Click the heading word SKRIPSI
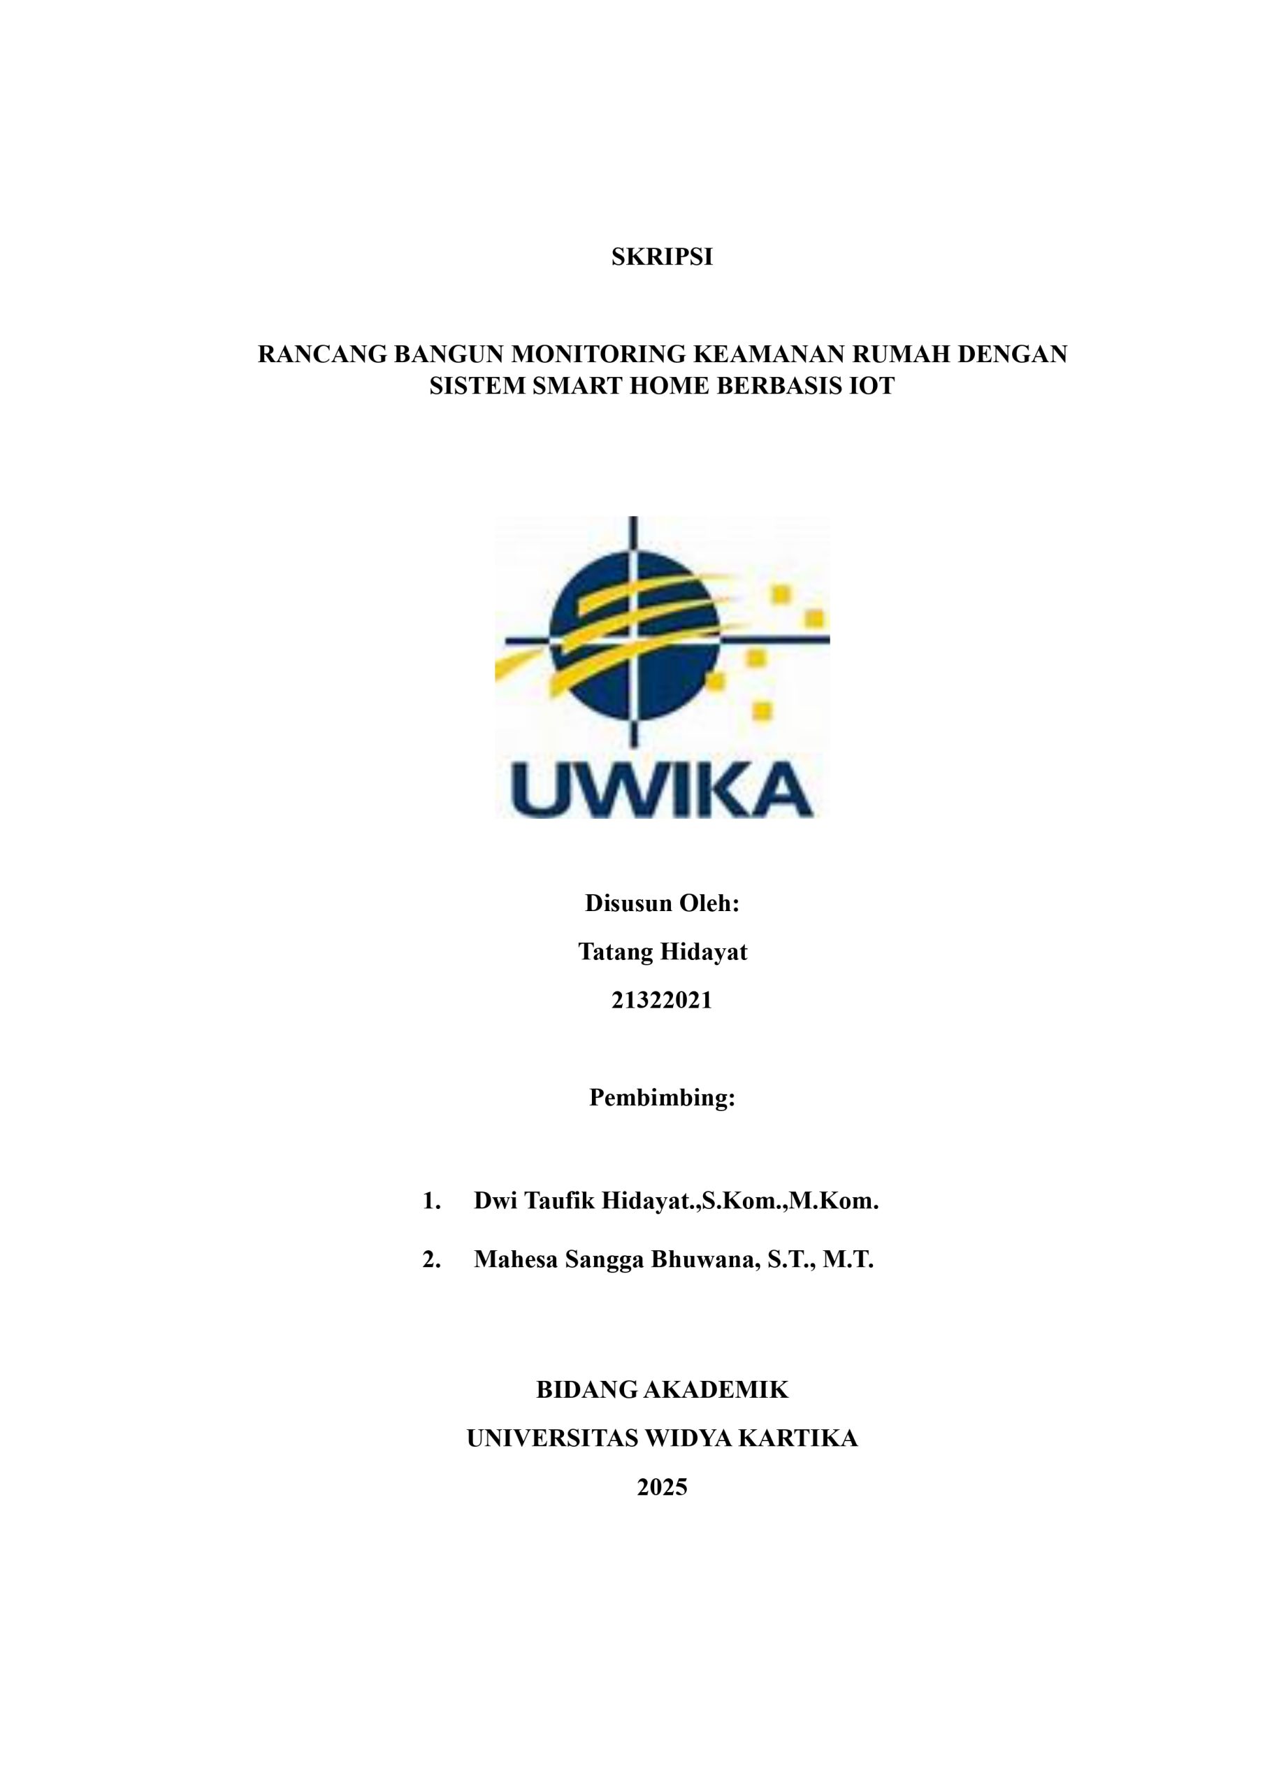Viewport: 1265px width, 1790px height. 662,257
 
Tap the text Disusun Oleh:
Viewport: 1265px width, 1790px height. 662,903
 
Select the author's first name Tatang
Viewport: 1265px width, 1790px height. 616,952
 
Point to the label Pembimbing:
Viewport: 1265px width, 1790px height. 662,1098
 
